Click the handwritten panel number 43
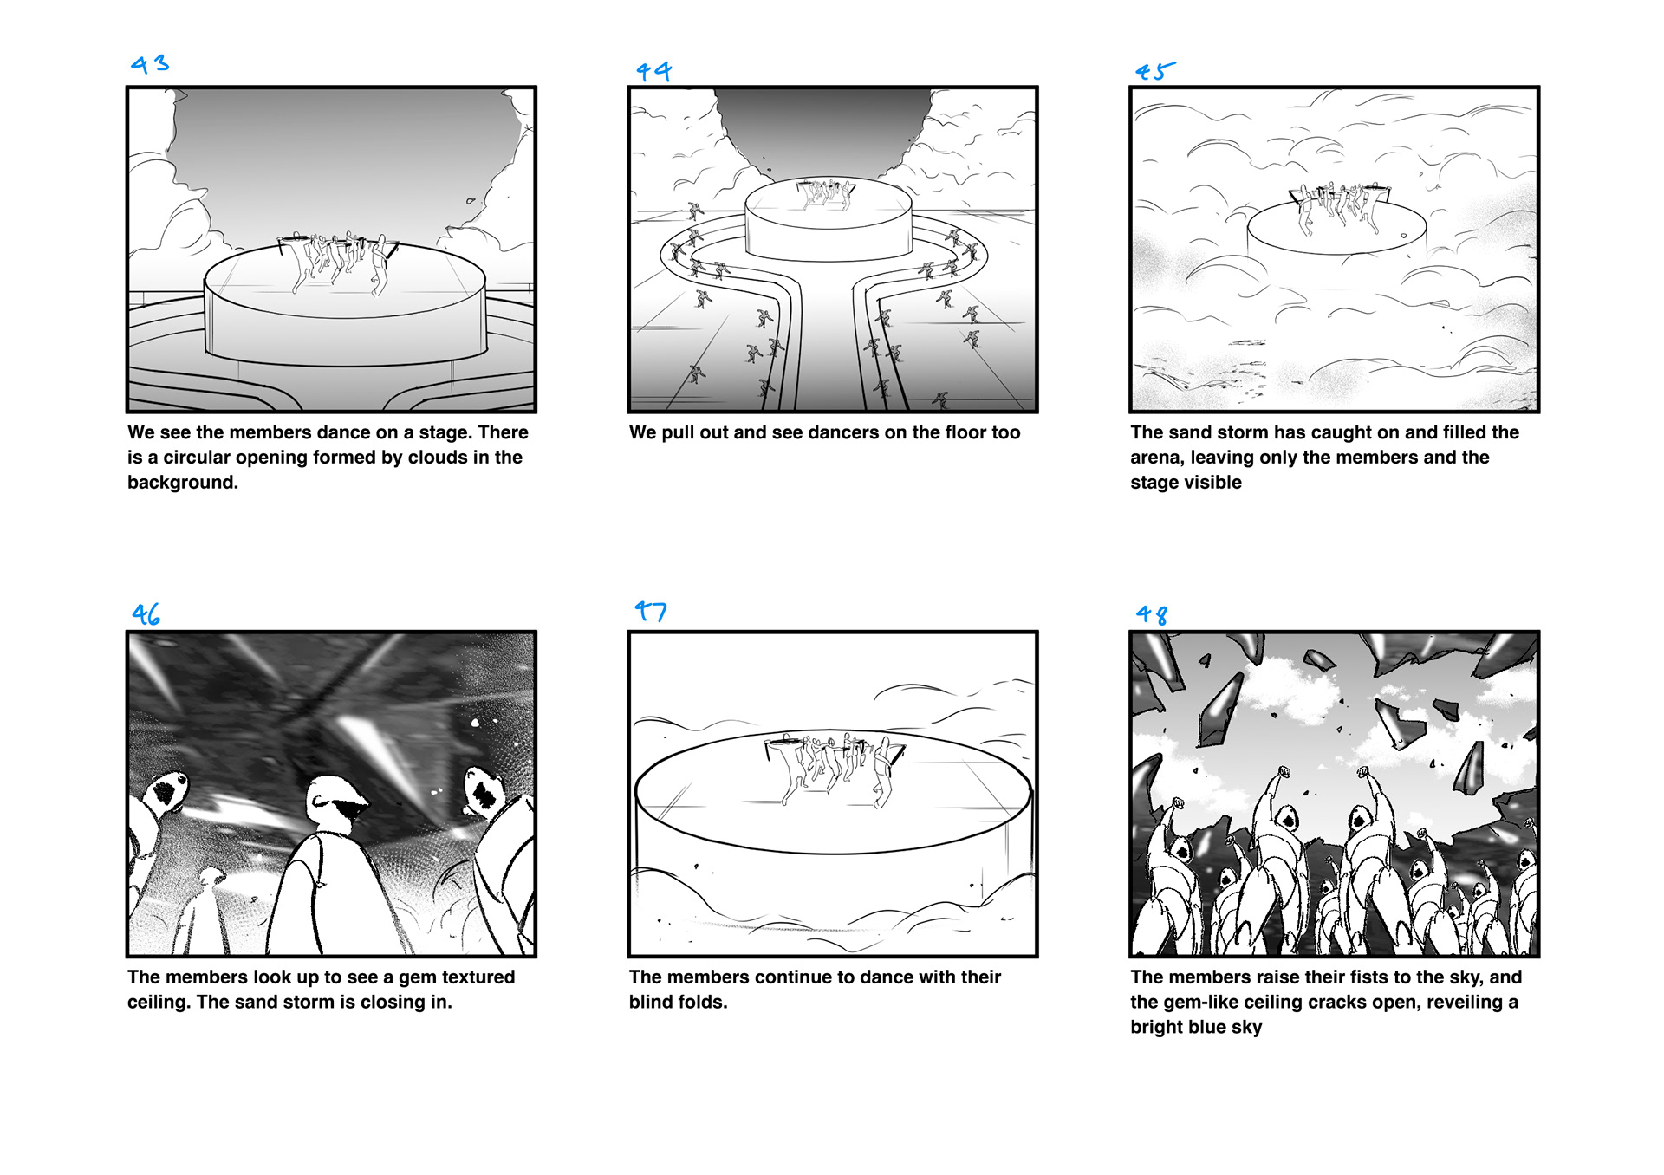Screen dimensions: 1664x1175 150,64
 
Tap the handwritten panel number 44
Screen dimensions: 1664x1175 653,71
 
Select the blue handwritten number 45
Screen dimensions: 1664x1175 1155,71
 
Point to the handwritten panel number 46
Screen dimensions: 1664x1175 146,614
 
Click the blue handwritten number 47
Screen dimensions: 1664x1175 650,611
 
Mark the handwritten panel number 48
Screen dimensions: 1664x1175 1152,614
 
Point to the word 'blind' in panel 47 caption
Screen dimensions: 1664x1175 651,1002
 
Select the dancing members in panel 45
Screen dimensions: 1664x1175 1339,208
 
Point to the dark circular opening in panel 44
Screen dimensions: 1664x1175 825,130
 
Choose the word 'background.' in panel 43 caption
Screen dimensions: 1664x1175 183,483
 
